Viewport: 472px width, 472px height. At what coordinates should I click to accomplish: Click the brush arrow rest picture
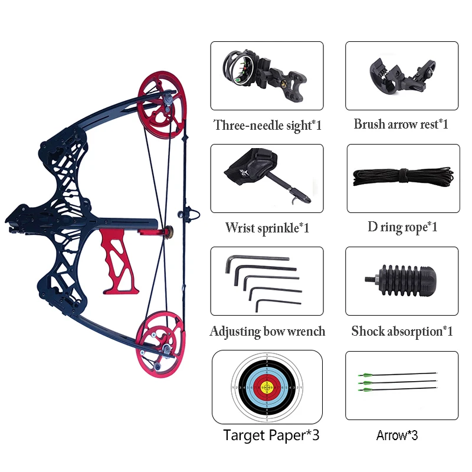(401, 76)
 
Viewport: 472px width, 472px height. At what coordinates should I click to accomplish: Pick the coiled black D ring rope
(402, 178)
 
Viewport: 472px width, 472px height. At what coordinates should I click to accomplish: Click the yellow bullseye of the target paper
(267, 386)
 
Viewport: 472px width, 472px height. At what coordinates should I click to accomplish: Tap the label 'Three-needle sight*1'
(267, 125)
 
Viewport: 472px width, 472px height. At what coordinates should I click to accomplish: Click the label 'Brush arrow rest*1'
(401, 124)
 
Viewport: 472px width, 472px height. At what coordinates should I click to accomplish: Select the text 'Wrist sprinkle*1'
(267, 228)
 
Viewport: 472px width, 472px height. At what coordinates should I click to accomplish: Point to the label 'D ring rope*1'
(402, 228)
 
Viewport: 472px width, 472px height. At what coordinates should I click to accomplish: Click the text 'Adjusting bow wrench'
(267, 331)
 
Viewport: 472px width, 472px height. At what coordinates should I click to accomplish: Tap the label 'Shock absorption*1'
(402, 331)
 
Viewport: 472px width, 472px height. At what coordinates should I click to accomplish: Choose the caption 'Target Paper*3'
(271, 435)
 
